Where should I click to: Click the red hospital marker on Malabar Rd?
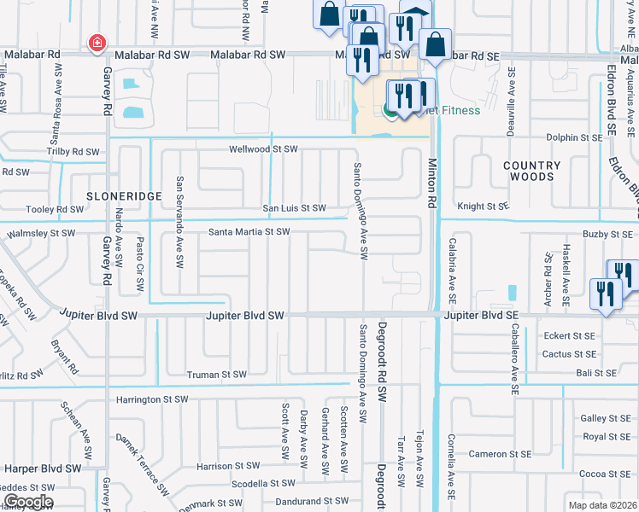(x=97, y=43)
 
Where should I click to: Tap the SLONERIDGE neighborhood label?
(x=124, y=196)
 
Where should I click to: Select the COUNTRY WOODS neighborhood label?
(x=532, y=171)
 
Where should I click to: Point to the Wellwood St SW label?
(x=263, y=149)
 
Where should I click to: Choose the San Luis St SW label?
(x=294, y=208)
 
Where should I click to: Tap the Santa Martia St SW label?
(x=249, y=232)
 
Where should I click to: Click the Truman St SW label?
(x=217, y=375)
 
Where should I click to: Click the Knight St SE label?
(x=483, y=207)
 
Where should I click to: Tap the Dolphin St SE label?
(x=580, y=137)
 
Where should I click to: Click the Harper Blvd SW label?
(x=42, y=468)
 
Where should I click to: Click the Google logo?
(x=27, y=502)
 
